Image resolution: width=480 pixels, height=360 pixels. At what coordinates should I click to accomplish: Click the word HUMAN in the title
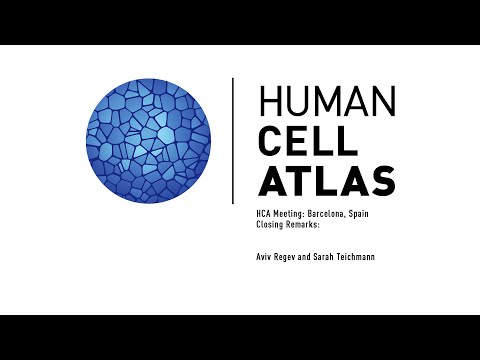coord(326,102)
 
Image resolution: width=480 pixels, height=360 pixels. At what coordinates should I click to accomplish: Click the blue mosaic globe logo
coord(150,140)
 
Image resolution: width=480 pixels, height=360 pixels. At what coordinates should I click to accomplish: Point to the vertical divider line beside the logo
coord(233,140)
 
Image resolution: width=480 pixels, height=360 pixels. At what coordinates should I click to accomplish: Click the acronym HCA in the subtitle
coord(265,215)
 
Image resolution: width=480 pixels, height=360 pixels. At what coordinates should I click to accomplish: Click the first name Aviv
coord(266,257)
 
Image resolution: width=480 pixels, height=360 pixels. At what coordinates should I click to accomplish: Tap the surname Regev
coord(294,257)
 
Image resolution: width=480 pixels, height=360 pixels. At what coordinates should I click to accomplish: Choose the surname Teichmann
coord(385,257)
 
